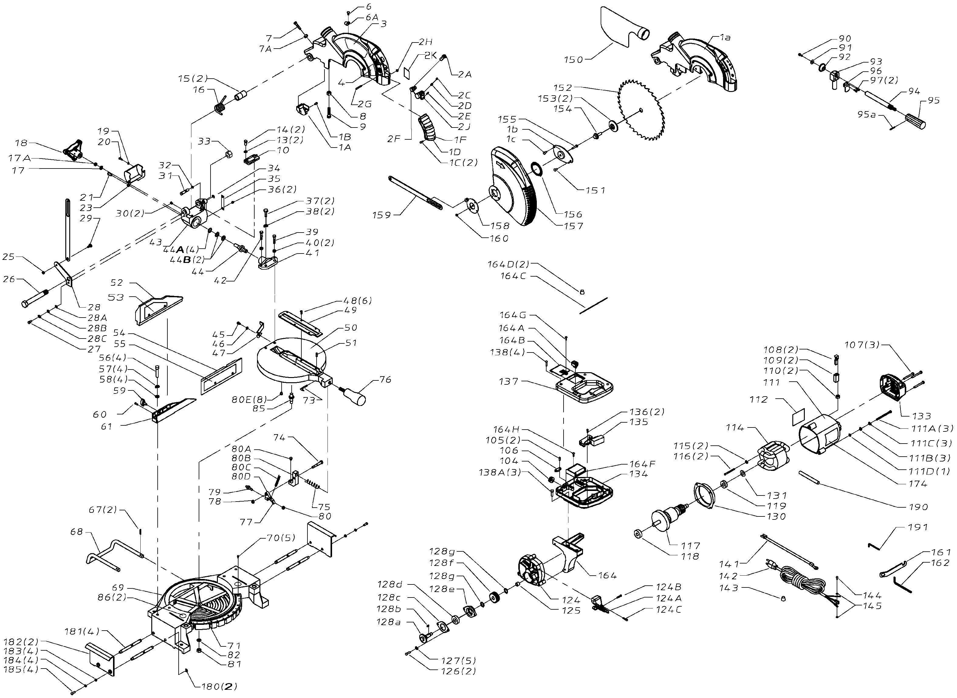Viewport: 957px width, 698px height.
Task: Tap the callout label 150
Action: [x=574, y=60]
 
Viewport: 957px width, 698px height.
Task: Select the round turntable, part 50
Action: [x=292, y=359]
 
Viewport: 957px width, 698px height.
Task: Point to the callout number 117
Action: [x=690, y=546]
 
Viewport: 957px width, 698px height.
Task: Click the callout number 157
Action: [x=573, y=226]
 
